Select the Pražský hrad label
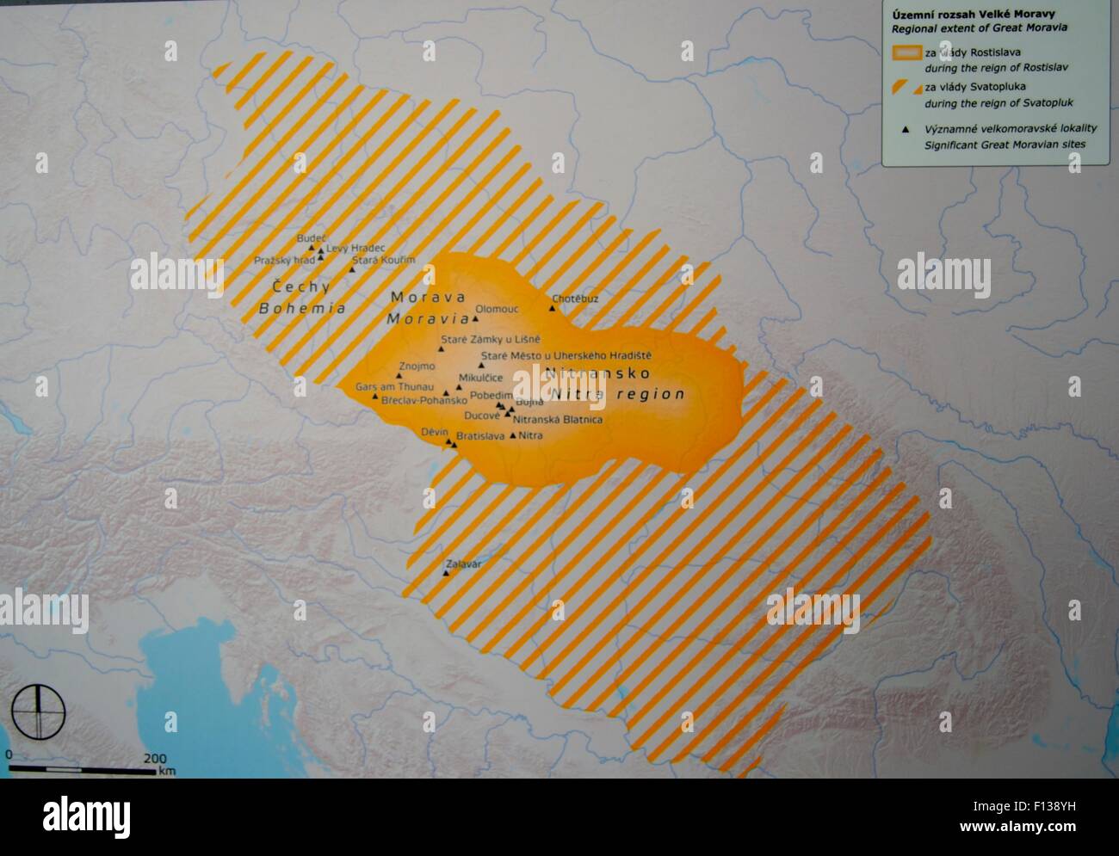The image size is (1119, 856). pos(285,260)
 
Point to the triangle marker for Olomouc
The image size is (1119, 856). pos(475,317)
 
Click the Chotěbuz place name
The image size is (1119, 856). pos(575,299)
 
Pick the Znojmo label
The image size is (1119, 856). pos(416,367)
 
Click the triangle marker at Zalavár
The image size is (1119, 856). pos(446,573)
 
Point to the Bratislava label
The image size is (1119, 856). pos(480,437)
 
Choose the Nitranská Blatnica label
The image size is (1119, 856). pos(557,420)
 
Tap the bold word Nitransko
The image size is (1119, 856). pos(597,373)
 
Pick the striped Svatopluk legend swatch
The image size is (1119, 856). pos(905,87)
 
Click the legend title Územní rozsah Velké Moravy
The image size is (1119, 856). pos(961,14)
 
